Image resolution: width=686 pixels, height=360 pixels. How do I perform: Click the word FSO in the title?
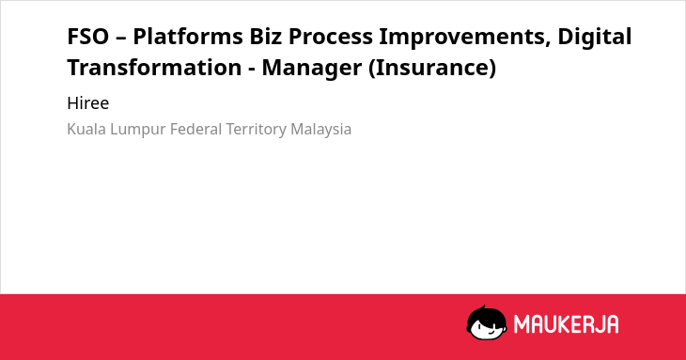[88, 37]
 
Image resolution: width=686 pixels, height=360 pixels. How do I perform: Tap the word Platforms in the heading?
[188, 37]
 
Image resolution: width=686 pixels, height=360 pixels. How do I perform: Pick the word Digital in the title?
[595, 37]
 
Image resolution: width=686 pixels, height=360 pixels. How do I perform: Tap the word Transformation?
[154, 68]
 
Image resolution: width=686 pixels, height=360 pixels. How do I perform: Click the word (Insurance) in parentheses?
[432, 68]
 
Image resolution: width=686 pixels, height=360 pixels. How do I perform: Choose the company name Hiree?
[88, 103]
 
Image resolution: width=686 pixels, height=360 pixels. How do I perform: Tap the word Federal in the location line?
[196, 130]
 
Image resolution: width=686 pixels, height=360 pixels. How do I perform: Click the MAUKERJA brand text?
[566, 324]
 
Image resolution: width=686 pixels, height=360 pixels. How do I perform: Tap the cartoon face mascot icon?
[487, 323]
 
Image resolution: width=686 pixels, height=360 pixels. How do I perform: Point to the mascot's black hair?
[487, 315]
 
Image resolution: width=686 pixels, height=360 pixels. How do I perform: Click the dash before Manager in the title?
[252, 70]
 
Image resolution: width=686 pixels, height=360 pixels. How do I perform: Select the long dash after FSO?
[120, 39]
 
